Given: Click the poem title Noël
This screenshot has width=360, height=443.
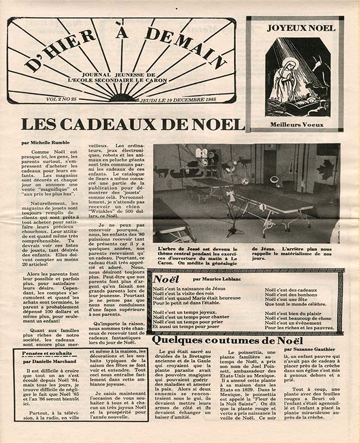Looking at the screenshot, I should point(166,279).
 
